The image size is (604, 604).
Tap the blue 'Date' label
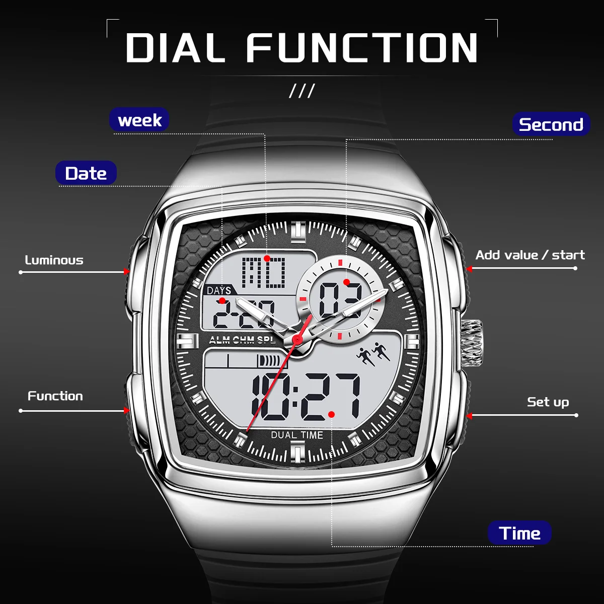click(86, 174)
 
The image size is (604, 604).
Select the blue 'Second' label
click(551, 124)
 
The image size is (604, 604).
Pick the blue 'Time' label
click(519, 533)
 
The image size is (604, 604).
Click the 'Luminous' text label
click(54, 260)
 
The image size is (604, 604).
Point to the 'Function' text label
click(55, 396)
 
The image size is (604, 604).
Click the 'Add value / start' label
click(530, 255)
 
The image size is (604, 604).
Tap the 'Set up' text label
click(548, 402)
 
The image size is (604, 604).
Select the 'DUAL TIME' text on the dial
click(297, 435)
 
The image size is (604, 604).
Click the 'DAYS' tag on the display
click(219, 290)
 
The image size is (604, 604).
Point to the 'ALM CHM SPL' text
click(242, 340)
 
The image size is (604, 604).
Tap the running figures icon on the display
click(373, 353)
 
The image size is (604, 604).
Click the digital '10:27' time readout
click(306, 397)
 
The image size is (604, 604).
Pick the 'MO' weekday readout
click(263, 272)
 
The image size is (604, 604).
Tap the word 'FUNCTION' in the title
click(362, 48)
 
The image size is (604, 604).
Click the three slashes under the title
click(302, 91)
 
